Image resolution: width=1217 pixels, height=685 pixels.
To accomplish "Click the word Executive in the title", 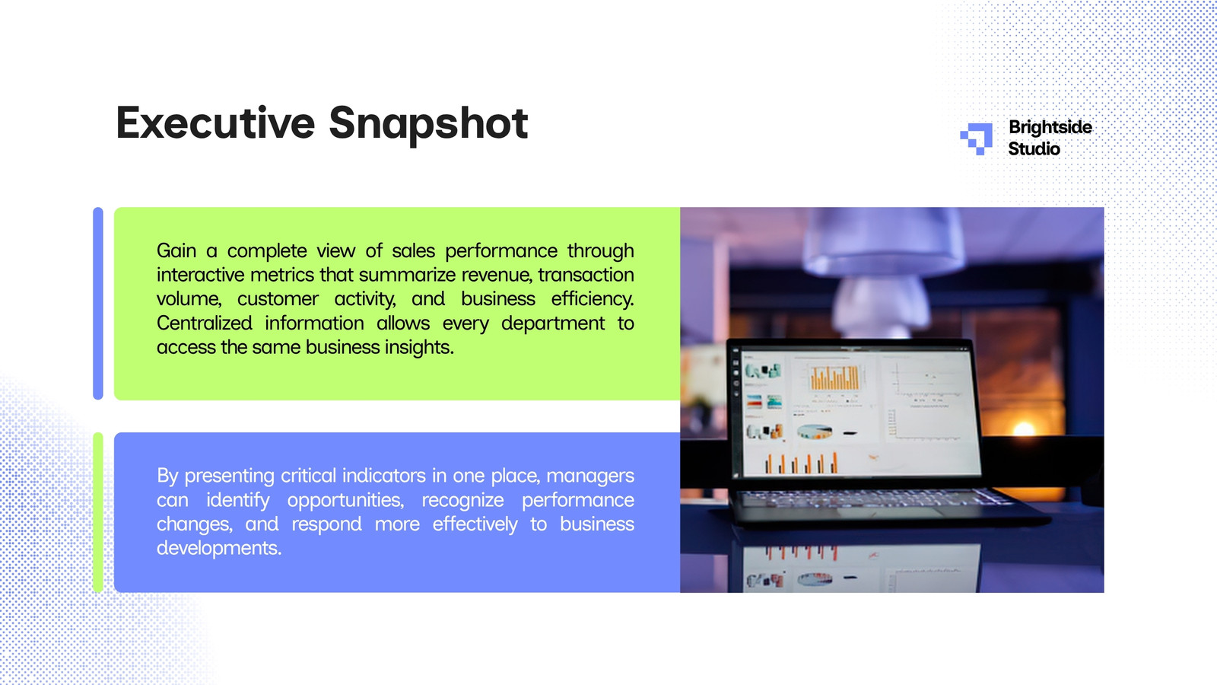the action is click(x=216, y=123).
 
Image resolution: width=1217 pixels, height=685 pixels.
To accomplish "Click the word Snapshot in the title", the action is click(x=429, y=125).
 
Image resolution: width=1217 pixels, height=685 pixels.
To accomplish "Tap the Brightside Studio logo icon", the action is click(x=976, y=139).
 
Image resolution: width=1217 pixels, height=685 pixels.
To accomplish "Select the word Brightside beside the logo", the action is click(x=1050, y=127).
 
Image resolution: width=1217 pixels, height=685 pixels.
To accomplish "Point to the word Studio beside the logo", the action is click(x=1034, y=148).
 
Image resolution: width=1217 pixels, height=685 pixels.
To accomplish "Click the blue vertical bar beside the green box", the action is click(x=98, y=304).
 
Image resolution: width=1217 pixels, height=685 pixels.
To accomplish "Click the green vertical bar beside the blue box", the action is click(x=98, y=512).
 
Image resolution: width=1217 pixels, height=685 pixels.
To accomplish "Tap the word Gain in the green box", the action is click(x=176, y=250).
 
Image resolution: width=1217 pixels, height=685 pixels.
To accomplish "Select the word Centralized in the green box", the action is click(x=205, y=323).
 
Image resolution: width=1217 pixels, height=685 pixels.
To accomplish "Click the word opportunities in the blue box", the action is click(x=345, y=500).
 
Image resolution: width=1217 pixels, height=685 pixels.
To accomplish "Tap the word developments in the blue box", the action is click(x=219, y=548).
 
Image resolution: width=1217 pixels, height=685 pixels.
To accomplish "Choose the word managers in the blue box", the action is click(x=590, y=476).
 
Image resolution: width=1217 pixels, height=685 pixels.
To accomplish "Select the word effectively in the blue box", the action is click(x=475, y=524).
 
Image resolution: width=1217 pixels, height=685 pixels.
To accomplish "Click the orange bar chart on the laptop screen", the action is click(x=834, y=378).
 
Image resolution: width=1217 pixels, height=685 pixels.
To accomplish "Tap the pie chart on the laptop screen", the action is click(x=815, y=432).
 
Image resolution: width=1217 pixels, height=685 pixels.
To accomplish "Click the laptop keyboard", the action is click(x=875, y=499).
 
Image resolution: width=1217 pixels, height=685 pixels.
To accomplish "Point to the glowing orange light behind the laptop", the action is click(x=1024, y=429).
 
